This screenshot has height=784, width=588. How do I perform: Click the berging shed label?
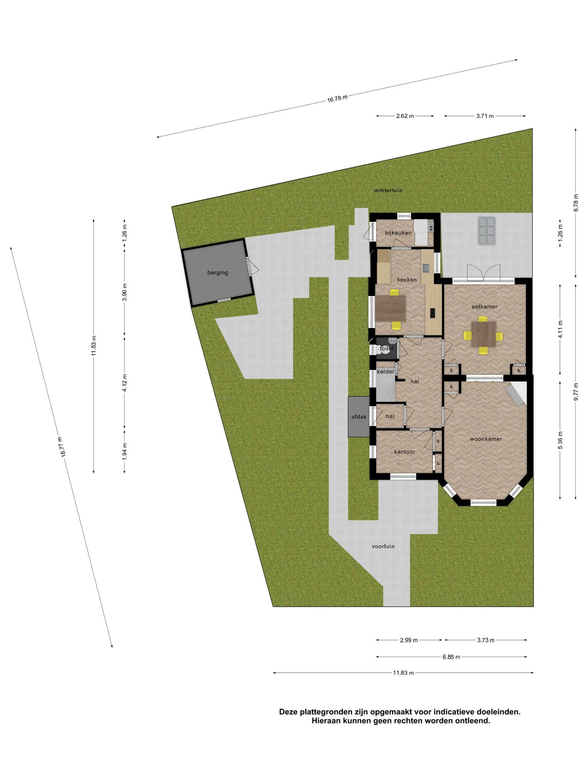[x=217, y=273]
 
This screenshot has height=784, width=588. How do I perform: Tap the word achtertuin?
[x=388, y=190]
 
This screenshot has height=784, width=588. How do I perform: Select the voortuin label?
[x=383, y=546]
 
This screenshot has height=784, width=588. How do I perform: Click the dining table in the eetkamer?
[x=483, y=334]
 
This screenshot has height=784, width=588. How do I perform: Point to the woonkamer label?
[x=486, y=439]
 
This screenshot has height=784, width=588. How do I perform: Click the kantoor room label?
[x=405, y=452]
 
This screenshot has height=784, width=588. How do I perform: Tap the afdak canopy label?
[x=359, y=417]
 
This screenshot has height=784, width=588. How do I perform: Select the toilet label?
[x=387, y=349]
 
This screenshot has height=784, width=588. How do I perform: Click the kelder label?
[x=385, y=372]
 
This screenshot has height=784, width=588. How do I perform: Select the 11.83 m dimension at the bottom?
[x=403, y=673]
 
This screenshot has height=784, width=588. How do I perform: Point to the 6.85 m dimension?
[x=451, y=657]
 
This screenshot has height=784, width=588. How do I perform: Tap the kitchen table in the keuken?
[x=390, y=309]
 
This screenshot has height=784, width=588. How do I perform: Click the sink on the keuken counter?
[x=426, y=268]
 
